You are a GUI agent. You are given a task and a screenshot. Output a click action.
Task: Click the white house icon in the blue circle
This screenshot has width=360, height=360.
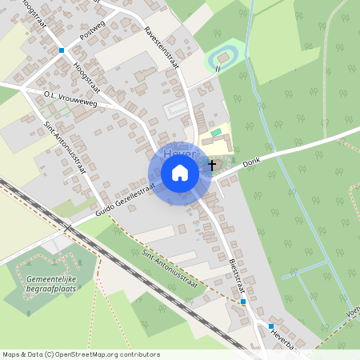pyautogui.click(x=180, y=173)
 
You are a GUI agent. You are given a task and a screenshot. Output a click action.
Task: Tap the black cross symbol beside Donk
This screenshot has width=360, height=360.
pyautogui.click(x=211, y=165)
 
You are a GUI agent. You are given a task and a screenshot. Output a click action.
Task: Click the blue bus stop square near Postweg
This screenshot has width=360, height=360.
pyautogui.click(x=62, y=50)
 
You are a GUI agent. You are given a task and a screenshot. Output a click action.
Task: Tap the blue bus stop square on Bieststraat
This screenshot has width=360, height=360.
pyautogui.click(x=243, y=302)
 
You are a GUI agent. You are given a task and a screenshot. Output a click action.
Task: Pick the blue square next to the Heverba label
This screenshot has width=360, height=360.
pyautogui.click(x=271, y=326)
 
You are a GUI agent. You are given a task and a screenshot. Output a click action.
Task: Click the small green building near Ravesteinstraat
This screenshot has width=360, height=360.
pyautogui.click(x=216, y=131)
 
